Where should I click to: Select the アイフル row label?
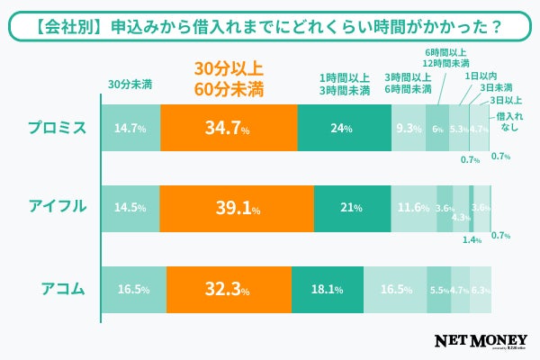click(56, 206)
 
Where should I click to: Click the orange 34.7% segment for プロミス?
click(229, 128)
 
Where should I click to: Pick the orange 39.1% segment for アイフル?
click(237, 207)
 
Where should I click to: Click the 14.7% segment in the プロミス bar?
click(130, 128)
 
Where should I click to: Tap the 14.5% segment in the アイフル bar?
click(130, 207)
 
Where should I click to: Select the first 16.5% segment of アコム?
click(133, 289)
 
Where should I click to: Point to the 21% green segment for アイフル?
click(352, 207)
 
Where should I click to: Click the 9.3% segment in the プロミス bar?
click(409, 128)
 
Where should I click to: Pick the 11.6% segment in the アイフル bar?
click(414, 207)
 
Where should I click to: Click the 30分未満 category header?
click(130, 85)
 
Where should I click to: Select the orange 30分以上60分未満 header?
click(229, 78)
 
